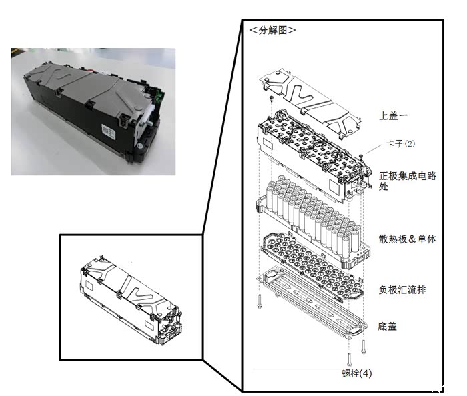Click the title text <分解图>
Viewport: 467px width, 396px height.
point(272,30)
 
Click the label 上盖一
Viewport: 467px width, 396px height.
point(393,116)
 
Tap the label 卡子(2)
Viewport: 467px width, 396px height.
point(400,144)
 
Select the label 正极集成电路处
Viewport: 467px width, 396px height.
point(408,181)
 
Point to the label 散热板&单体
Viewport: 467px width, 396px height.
point(407,239)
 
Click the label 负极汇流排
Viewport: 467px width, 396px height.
point(402,289)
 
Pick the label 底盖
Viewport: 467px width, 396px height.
point(387,327)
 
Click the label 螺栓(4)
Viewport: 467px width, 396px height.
point(356,373)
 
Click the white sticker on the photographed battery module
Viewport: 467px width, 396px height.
point(108,131)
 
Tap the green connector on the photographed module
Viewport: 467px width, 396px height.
point(160,95)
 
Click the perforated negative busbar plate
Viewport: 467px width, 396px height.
point(312,266)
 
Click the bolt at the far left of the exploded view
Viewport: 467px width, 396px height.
point(260,301)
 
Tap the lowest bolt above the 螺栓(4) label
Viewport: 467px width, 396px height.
point(350,359)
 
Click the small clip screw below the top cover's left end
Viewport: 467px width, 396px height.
point(272,98)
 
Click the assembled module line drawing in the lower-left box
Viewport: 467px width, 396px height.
point(131,299)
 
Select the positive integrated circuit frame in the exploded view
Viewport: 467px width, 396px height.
point(314,156)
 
